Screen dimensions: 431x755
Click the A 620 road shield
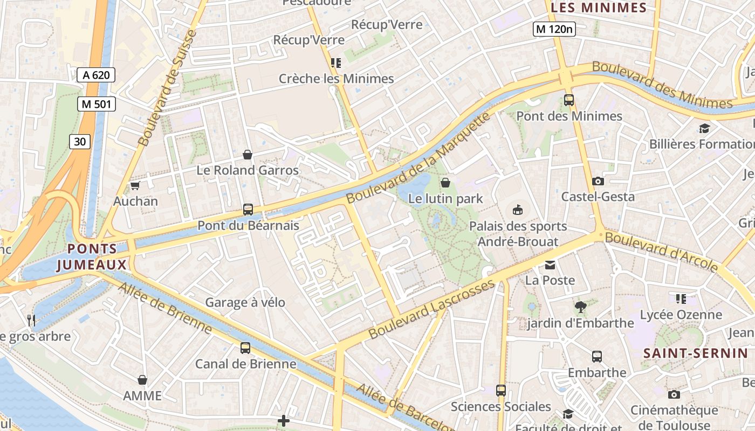point(96,75)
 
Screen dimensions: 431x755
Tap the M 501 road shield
point(96,104)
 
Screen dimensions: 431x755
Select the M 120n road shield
point(554,29)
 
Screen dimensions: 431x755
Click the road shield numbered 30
point(80,142)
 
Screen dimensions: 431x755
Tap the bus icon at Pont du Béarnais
point(248,210)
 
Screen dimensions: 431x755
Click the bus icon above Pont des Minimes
point(569,100)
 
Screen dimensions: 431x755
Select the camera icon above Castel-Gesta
point(598,181)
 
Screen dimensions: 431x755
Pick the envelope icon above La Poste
point(550,265)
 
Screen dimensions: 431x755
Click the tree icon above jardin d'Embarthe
point(580,307)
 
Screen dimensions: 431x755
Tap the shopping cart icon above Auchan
point(135,186)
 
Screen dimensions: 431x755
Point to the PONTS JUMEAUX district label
point(92,257)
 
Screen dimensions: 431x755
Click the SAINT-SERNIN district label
point(696,353)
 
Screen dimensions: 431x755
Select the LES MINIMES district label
point(599,8)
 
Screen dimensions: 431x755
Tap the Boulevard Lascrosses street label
point(431,309)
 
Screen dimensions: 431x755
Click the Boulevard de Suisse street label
point(168,88)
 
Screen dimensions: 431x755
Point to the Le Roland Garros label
point(248,170)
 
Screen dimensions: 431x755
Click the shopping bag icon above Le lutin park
point(445,183)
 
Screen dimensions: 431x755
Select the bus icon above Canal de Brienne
point(245,348)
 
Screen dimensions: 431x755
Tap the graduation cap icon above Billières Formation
point(704,128)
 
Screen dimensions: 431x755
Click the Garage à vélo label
point(245,302)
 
